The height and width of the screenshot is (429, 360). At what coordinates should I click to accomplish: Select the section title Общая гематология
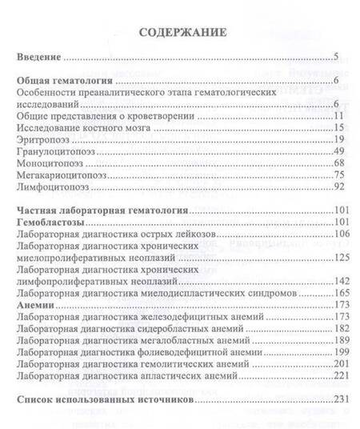65,82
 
